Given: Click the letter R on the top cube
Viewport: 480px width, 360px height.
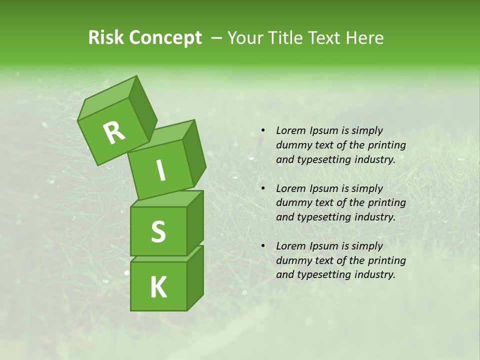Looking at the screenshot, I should coord(114,132).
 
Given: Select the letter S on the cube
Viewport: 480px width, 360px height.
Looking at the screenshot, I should coord(158,231).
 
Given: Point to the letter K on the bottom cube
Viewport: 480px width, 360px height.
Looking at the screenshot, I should coord(158,287).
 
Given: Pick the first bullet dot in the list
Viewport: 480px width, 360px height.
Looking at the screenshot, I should coord(262,130).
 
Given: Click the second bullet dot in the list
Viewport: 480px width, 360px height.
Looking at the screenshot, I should coord(262,188).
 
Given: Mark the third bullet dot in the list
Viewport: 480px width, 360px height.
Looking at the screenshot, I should coord(262,246).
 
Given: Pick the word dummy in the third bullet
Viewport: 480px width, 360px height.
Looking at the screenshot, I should coord(293,260).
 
